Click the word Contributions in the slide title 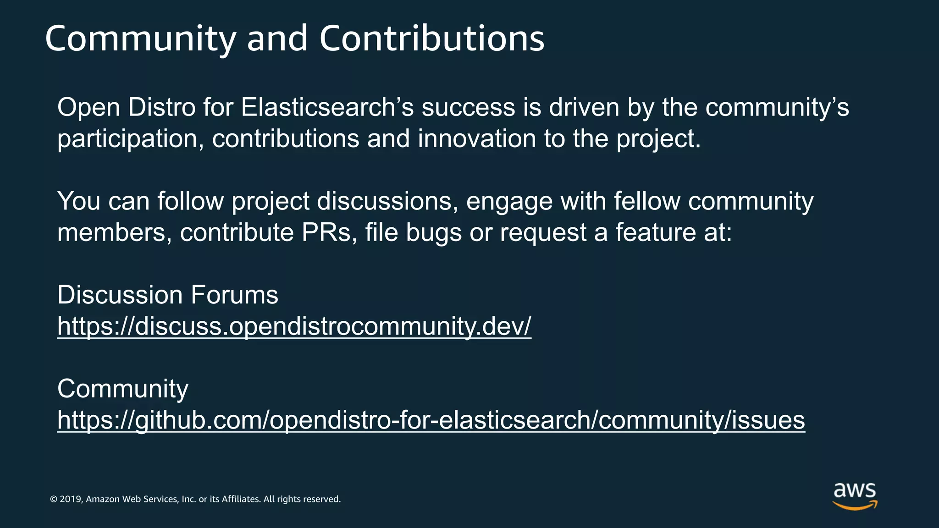click(x=431, y=38)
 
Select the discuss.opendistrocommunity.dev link click(x=294, y=326)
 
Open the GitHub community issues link click(x=431, y=420)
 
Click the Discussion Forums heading click(x=167, y=295)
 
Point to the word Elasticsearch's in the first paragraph click(x=327, y=107)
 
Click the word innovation click(x=477, y=139)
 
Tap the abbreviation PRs click(x=329, y=232)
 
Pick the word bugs click(x=433, y=233)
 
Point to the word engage click(x=509, y=202)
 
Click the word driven click(x=584, y=107)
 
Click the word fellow click(x=647, y=201)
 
